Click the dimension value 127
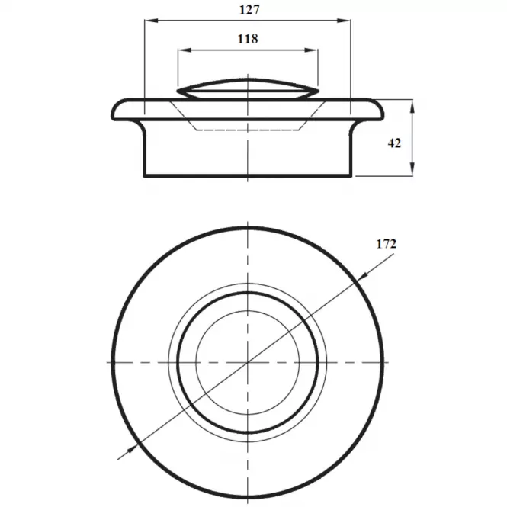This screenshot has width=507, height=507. [x=249, y=10]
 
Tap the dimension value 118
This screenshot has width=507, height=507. [x=248, y=39]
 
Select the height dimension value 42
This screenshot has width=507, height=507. [x=394, y=143]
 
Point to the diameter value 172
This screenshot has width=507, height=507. [x=387, y=244]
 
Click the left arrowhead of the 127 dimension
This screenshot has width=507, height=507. [x=151, y=21]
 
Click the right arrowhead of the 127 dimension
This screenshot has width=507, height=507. [x=344, y=21]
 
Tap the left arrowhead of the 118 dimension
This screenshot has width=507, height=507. [x=185, y=50]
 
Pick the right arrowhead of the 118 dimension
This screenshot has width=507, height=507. [x=311, y=50]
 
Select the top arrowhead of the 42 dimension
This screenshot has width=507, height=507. [x=412, y=107]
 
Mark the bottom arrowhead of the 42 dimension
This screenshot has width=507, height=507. [x=412, y=169]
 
